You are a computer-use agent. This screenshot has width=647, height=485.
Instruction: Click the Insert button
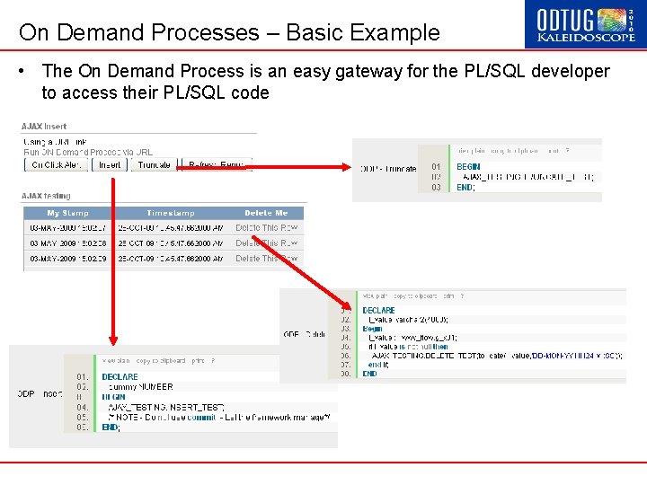pos(110,164)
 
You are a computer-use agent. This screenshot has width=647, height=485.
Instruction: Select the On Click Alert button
pos(56,164)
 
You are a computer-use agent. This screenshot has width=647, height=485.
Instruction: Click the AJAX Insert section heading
pos(44,127)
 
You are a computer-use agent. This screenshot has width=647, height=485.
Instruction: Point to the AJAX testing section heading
pos(46,195)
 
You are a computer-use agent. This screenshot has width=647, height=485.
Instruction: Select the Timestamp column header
pos(171,213)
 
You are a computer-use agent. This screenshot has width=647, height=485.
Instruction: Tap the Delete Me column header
pos(266,213)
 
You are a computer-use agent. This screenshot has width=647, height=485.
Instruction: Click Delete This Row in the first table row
pos(266,228)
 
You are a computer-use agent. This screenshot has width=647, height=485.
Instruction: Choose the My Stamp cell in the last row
pos(68,259)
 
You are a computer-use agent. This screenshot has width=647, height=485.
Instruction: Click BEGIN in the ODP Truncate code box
pos(468,166)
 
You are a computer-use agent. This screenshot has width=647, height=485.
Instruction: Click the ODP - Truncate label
pos(388,168)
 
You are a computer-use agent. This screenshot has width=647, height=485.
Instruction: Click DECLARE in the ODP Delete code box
pos(378,310)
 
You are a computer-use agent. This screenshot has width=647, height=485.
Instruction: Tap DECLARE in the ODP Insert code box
pos(120,376)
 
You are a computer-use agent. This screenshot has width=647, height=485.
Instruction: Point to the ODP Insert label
pos(40,393)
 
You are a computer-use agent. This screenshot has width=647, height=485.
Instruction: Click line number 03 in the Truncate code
pos(436,187)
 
